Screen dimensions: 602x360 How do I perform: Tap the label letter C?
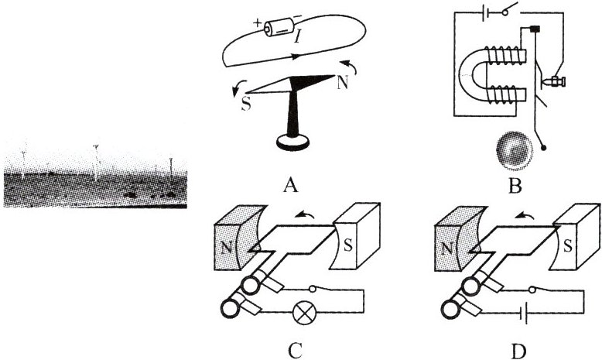click(294, 351)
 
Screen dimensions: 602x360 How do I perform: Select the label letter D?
click(518, 351)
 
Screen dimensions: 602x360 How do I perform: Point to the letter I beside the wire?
click(299, 35)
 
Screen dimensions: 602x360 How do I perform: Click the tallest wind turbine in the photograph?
click(95, 159)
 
